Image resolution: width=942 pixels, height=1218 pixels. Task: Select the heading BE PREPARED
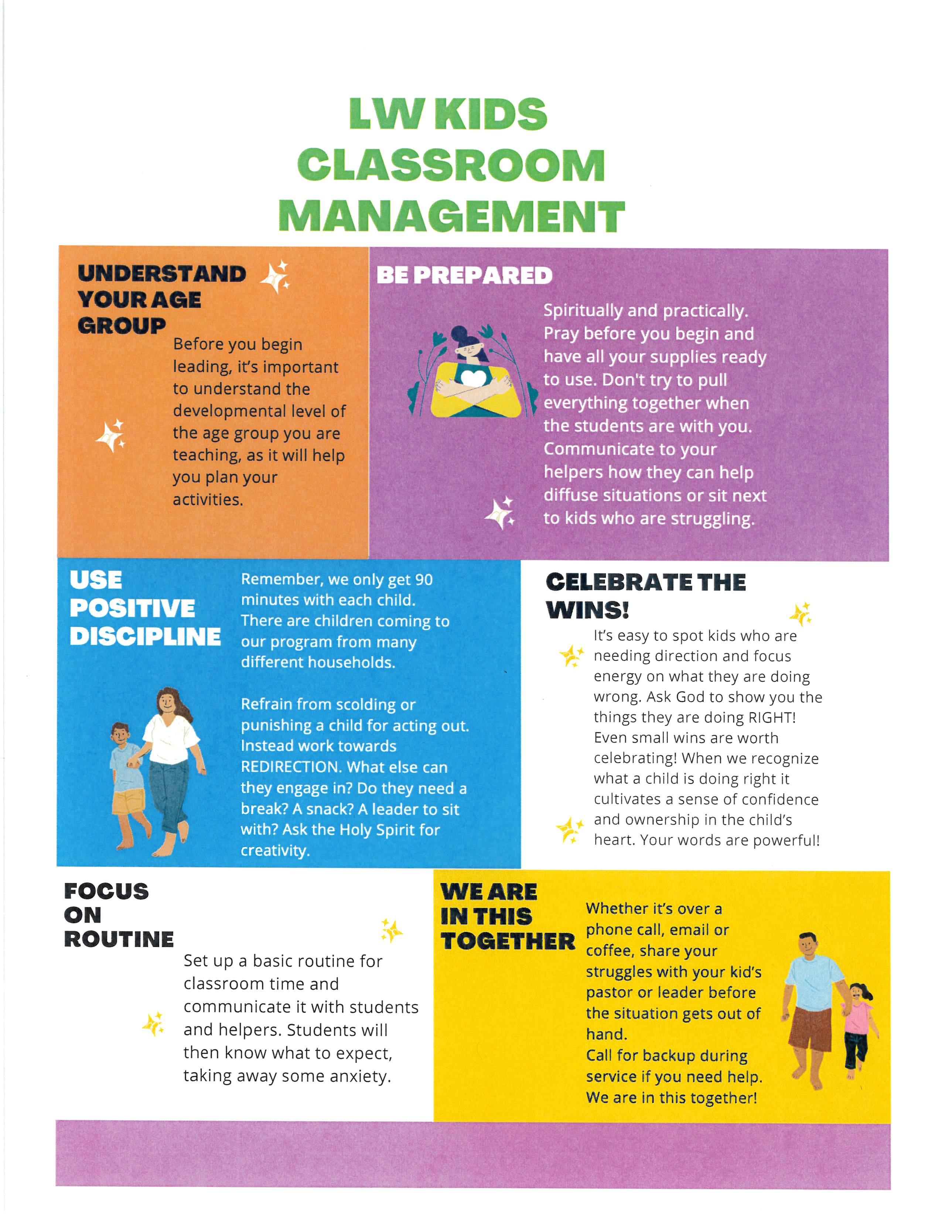pyautogui.click(x=464, y=275)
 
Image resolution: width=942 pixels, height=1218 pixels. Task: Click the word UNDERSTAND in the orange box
pyautogui.click(x=162, y=274)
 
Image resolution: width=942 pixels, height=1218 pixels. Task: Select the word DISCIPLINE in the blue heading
pyautogui.click(x=145, y=637)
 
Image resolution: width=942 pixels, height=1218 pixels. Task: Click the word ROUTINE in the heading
pyautogui.click(x=119, y=939)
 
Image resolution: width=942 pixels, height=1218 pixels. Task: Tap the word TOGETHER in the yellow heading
pyautogui.click(x=508, y=942)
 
